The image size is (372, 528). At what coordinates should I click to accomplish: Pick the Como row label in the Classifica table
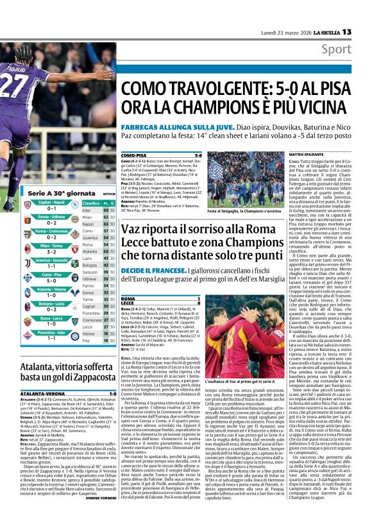(89, 239)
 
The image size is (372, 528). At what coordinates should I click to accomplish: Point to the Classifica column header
(90, 201)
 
